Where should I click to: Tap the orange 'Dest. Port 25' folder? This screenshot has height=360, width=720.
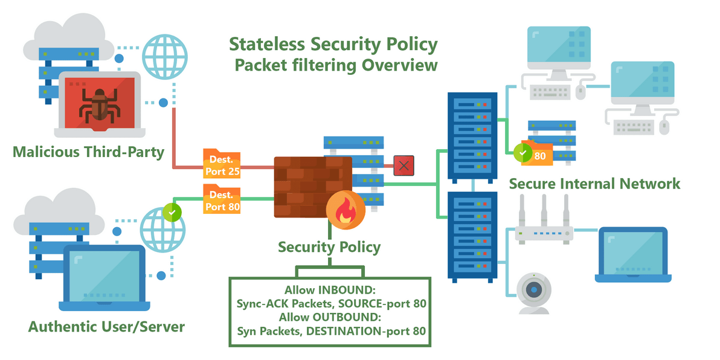222,165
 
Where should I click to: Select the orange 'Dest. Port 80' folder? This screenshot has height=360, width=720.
222,200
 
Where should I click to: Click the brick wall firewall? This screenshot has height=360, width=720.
311,184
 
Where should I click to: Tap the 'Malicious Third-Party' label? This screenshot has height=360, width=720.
89,152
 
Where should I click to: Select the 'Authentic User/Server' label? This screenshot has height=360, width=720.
106,327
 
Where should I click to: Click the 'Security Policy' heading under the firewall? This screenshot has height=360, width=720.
329,246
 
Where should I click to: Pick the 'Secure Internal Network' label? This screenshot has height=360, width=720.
594,183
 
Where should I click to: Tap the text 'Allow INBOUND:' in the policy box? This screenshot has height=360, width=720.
330,290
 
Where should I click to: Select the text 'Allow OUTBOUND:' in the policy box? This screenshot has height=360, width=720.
330,317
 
